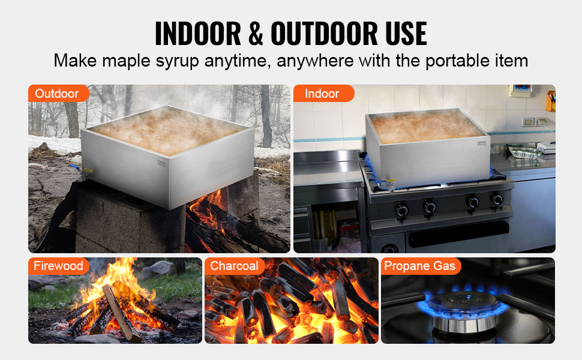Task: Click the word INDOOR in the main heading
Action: point(200,34)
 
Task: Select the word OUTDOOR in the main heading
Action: point(349,34)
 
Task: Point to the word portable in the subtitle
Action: point(453,61)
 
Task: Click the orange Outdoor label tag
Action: point(58,94)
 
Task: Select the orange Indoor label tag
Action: point(323,94)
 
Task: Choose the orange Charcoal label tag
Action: point(235,266)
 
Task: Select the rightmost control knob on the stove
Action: point(497,199)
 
